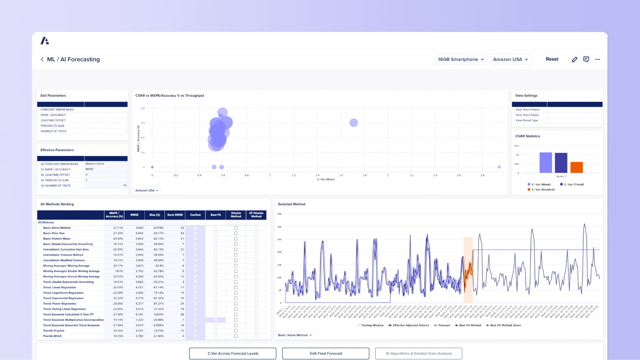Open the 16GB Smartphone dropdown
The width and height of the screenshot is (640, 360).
click(x=461, y=59)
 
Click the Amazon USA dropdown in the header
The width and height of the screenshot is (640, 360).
click(x=510, y=59)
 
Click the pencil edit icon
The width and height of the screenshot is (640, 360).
click(x=574, y=59)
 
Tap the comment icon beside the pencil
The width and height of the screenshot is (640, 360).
click(x=586, y=59)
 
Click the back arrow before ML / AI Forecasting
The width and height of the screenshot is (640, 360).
click(x=42, y=59)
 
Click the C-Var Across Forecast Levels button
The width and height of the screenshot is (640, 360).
click(x=233, y=354)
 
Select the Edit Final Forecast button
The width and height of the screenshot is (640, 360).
click(x=326, y=354)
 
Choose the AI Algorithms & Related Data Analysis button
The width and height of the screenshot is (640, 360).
click(x=418, y=354)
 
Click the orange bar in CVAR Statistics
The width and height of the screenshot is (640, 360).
click(x=576, y=167)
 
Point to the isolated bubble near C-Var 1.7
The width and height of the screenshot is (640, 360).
click(x=354, y=123)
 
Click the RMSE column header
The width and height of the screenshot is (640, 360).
click(x=134, y=215)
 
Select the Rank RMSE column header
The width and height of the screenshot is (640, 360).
click(x=175, y=215)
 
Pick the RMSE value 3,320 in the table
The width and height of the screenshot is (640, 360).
click(x=139, y=320)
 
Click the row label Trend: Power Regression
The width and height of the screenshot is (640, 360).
click(x=60, y=304)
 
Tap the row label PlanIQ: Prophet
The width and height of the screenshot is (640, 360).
click(x=54, y=331)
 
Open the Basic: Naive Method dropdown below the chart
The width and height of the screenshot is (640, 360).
click(x=295, y=335)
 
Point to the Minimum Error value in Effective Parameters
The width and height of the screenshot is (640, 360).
click(x=95, y=164)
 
